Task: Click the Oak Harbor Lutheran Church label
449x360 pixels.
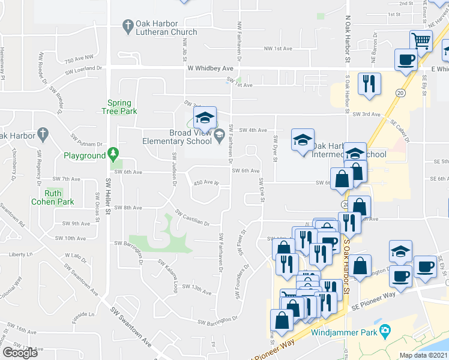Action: click(x=166, y=28)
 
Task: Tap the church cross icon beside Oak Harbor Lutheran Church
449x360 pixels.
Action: click(x=127, y=26)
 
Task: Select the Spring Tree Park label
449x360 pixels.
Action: click(x=122, y=107)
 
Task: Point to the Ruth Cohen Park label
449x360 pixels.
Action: click(x=53, y=197)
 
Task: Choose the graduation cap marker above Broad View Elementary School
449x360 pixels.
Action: click(x=204, y=118)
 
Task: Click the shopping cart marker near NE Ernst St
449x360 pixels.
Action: click(x=421, y=41)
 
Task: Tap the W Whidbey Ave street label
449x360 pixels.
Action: click(x=209, y=68)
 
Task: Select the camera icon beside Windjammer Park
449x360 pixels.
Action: click(x=385, y=331)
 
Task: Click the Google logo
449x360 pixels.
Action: click(x=20, y=353)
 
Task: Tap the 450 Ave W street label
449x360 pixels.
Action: click(x=205, y=182)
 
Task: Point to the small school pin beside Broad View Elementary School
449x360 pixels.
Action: click(x=218, y=133)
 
